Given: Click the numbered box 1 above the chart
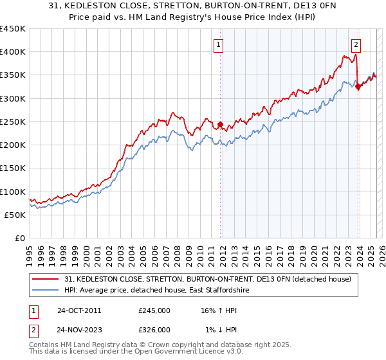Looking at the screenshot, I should click(x=219, y=45).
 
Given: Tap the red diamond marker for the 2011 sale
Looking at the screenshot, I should click(x=220, y=124).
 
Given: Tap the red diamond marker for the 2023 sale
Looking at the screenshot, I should click(x=358, y=87).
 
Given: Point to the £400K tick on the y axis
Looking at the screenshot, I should click(x=14, y=52).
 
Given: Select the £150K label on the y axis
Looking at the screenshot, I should click(x=14, y=168).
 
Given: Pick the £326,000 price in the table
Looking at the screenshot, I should click(x=154, y=329).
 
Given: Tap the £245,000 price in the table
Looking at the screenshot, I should click(x=154, y=310).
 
